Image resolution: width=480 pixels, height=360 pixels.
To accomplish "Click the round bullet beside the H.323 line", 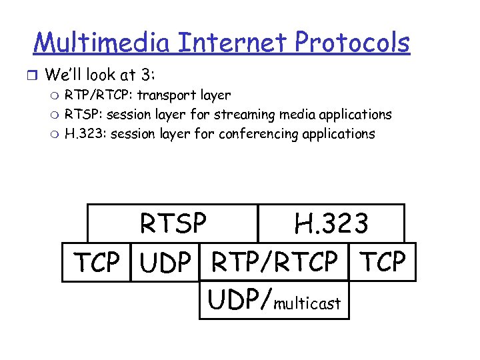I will tap(55, 134).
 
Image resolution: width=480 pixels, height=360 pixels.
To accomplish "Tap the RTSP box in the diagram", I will tap(173, 224).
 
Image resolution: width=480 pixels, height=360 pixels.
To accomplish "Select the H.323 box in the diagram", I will tap(331, 224).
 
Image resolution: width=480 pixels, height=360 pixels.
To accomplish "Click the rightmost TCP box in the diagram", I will tap(383, 263).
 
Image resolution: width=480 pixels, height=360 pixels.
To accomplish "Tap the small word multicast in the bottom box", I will tap(307, 304).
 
